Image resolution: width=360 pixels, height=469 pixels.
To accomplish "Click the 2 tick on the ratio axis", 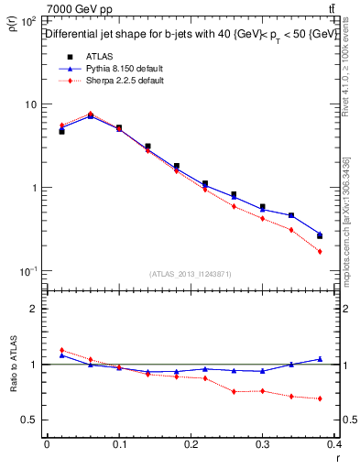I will click(33, 309).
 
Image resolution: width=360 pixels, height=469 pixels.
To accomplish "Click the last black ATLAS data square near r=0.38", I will click(320, 235).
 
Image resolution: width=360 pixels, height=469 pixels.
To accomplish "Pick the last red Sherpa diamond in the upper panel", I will click(320, 251).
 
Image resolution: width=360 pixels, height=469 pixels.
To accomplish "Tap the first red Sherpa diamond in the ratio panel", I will click(62, 350).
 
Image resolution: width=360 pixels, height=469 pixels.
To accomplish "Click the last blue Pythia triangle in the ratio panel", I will click(320, 359).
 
